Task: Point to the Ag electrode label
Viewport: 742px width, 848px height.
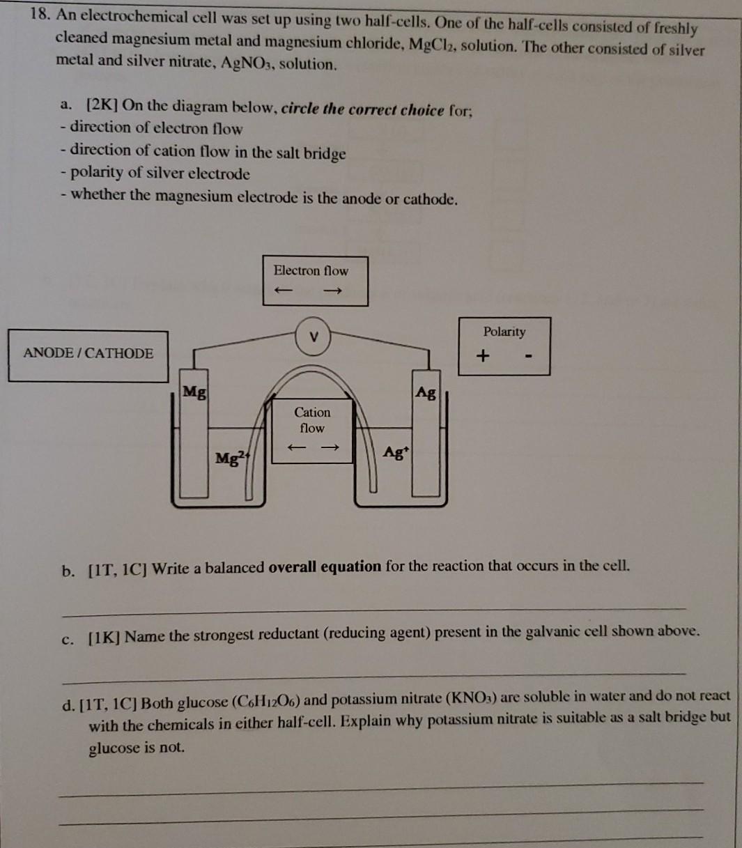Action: tap(426, 394)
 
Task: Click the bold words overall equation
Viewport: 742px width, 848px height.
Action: tap(325, 566)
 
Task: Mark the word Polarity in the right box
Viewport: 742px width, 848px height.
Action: tap(504, 332)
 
